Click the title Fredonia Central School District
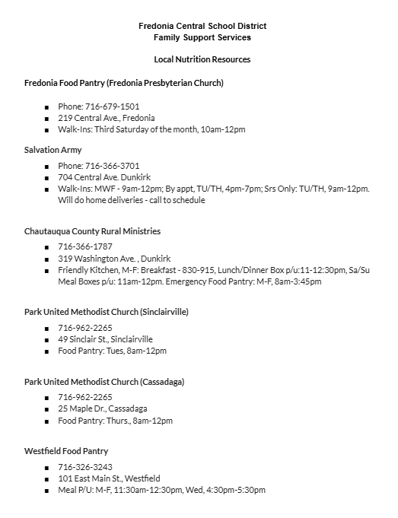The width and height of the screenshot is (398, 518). pyautogui.click(x=202, y=26)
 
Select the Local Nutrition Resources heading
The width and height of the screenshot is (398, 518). pyautogui.click(x=202, y=59)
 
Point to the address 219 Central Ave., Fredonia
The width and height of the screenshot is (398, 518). pyautogui.click(x=106, y=118)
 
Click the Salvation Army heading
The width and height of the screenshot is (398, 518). pyautogui.click(x=53, y=150)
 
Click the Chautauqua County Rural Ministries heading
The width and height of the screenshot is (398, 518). pyautogui.click(x=93, y=231)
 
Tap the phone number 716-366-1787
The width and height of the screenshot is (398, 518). pyautogui.click(x=85, y=247)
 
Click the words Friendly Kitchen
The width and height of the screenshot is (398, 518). pyautogui.click(x=84, y=270)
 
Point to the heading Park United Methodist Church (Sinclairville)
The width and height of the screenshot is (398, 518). pyautogui.click(x=107, y=312)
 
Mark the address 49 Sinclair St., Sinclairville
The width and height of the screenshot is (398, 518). pyautogui.click(x=105, y=339)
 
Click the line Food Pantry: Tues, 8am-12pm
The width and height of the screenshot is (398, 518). pyautogui.click(x=112, y=351)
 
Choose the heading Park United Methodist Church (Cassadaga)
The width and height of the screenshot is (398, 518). pyautogui.click(x=104, y=382)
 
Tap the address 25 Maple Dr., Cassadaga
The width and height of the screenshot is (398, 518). pyautogui.click(x=102, y=409)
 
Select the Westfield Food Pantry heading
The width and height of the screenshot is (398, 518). pyautogui.click(x=66, y=451)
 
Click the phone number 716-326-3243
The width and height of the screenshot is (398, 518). pyautogui.click(x=85, y=467)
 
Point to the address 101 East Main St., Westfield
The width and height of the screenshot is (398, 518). pyautogui.click(x=109, y=478)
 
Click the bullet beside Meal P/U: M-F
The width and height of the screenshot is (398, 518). pyautogui.click(x=46, y=491)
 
